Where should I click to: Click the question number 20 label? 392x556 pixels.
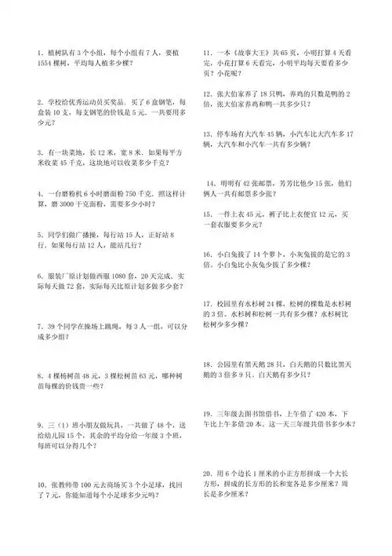point(208,474)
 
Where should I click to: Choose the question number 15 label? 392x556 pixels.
point(208,213)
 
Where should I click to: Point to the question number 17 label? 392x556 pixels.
point(208,302)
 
